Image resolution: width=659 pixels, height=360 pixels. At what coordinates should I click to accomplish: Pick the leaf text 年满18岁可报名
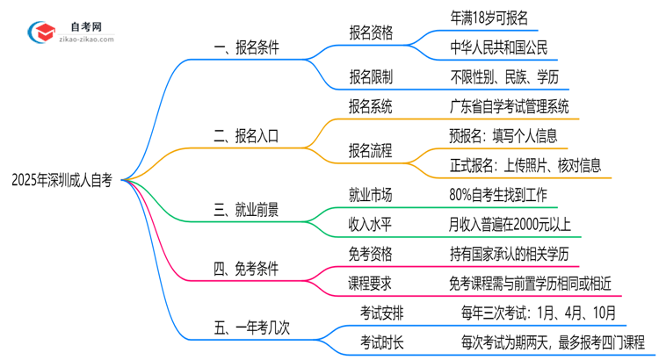[487, 18]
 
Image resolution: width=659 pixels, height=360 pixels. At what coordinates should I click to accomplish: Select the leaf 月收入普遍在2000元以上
[510, 224]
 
